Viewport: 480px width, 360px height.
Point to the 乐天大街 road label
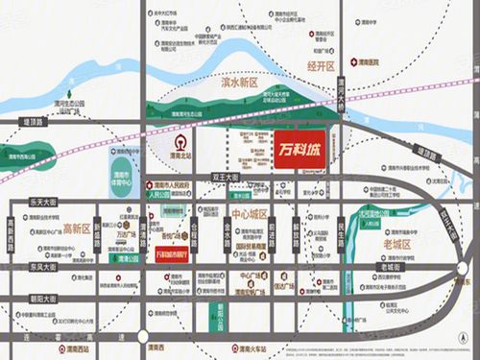tap(44, 202)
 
